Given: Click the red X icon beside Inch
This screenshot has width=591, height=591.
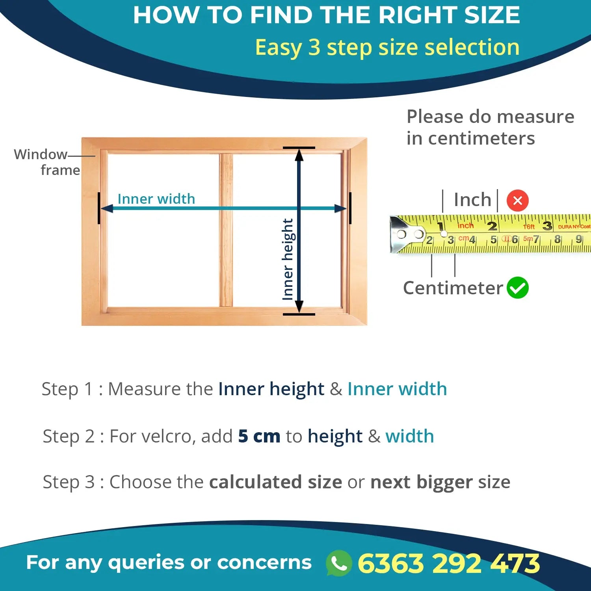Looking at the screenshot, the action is [517, 201].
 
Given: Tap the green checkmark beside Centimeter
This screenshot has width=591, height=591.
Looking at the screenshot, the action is [517, 288].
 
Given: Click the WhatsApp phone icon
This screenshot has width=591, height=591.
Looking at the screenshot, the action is [339, 563].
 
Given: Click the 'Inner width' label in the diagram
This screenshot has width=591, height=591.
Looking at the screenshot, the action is [156, 199].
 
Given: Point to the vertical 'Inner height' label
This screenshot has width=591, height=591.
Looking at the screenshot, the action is [288, 259].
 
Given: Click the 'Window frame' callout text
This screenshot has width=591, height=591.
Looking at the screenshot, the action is [47, 162].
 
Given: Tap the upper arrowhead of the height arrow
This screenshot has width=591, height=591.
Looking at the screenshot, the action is [299, 155].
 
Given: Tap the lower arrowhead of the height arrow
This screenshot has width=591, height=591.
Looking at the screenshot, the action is [299, 307].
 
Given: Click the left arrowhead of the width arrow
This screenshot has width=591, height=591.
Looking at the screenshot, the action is [107, 208].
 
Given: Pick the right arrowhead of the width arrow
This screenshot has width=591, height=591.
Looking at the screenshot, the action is [340, 208].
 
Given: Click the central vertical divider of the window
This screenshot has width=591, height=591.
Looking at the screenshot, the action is [226, 230].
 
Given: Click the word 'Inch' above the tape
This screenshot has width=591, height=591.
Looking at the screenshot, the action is [472, 200].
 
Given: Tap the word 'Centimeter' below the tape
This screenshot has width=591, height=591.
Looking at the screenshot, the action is [453, 288].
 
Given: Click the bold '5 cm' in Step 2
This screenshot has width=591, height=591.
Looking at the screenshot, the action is [259, 436].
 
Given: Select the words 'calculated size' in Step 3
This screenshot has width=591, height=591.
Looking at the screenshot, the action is [275, 482].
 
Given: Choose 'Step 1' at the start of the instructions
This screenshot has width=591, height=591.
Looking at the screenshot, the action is [67, 389].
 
